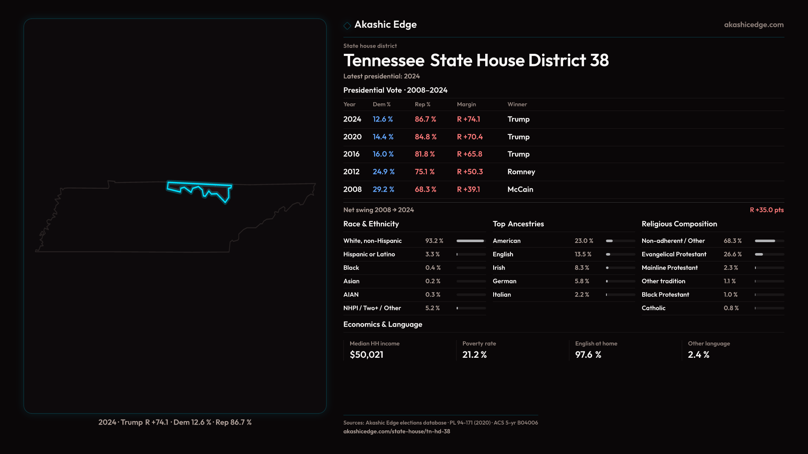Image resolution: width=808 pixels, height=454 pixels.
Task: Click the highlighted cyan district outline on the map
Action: [x=199, y=184]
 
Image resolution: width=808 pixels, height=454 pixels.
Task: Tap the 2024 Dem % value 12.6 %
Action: [x=383, y=119]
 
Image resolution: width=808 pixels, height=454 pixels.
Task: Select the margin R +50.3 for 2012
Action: [x=470, y=172]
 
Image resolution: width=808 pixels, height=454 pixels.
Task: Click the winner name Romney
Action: [x=521, y=172]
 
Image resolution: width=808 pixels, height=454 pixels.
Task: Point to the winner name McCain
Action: [x=520, y=190]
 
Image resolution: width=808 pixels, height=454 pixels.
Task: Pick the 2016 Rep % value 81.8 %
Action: [x=425, y=154]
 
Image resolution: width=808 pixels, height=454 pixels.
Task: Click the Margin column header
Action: [x=466, y=104]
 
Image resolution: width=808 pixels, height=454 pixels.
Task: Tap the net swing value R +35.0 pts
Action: [x=766, y=210]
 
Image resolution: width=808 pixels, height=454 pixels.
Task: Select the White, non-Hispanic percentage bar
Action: [x=470, y=241]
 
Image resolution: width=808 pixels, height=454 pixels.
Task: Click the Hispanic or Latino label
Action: [x=369, y=254]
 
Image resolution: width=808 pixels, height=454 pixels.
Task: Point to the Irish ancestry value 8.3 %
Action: [x=582, y=268]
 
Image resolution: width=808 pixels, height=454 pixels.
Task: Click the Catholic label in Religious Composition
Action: [x=653, y=308]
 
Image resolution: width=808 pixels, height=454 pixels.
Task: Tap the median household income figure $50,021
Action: [x=366, y=355]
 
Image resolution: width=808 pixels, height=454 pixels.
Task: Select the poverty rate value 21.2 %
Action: [x=474, y=355]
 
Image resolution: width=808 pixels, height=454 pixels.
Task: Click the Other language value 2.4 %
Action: [x=698, y=355]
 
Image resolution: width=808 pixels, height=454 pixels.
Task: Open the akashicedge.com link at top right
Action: [x=753, y=25]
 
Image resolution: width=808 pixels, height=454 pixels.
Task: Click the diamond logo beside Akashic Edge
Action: [x=347, y=26]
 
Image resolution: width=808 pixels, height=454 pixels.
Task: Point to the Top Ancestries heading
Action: [x=518, y=224]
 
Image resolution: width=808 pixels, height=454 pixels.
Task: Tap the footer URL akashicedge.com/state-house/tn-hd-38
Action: [x=396, y=431]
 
